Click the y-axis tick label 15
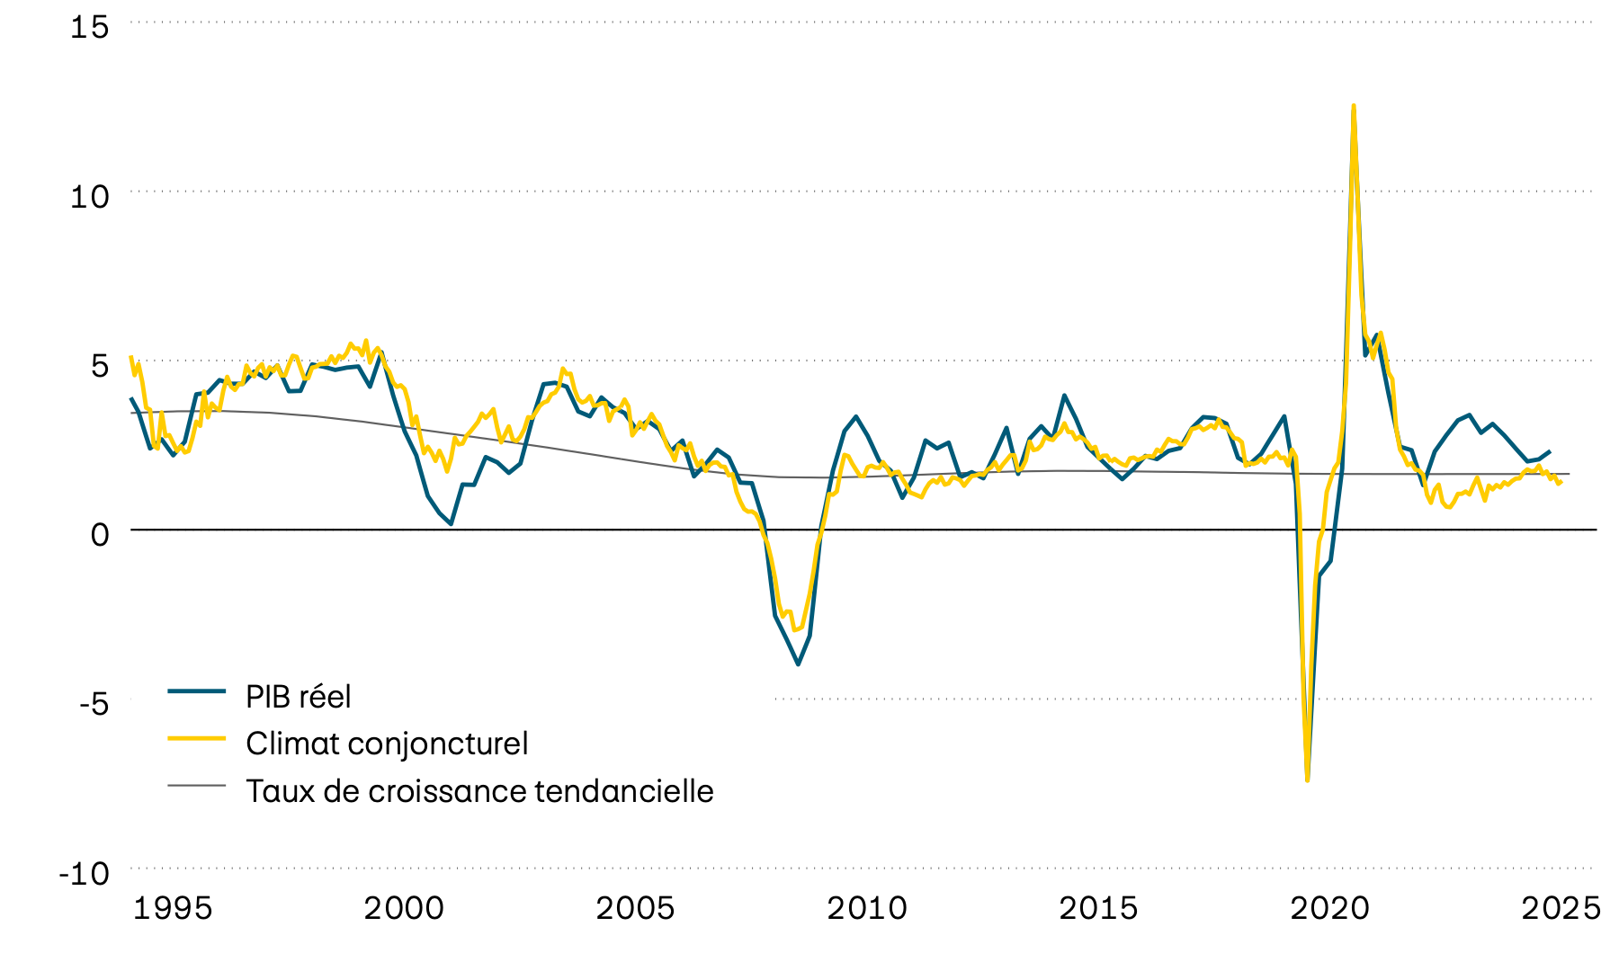click(89, 27)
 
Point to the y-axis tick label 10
click(89, 196)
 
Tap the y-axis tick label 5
click(99, 365)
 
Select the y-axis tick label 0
click(99, 534)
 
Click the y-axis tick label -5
click(93, 703)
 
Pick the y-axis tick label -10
click(84, 873)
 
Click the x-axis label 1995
click(173, 908)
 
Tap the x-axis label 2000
click(404, 908)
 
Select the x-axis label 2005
click(635, 908)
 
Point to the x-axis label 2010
click(867, 908)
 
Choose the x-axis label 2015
click(1098, 908)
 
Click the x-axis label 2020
click(1329, 908)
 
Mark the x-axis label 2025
click(1561, 908)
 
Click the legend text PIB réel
click(298, 697)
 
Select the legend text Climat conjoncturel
click(387, 744)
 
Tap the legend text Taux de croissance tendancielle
click(479, 791)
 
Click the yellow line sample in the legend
click(196, 737)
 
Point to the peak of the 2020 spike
click(1354, 106)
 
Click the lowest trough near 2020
click(1307, 779)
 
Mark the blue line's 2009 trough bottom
click(798, 664)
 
